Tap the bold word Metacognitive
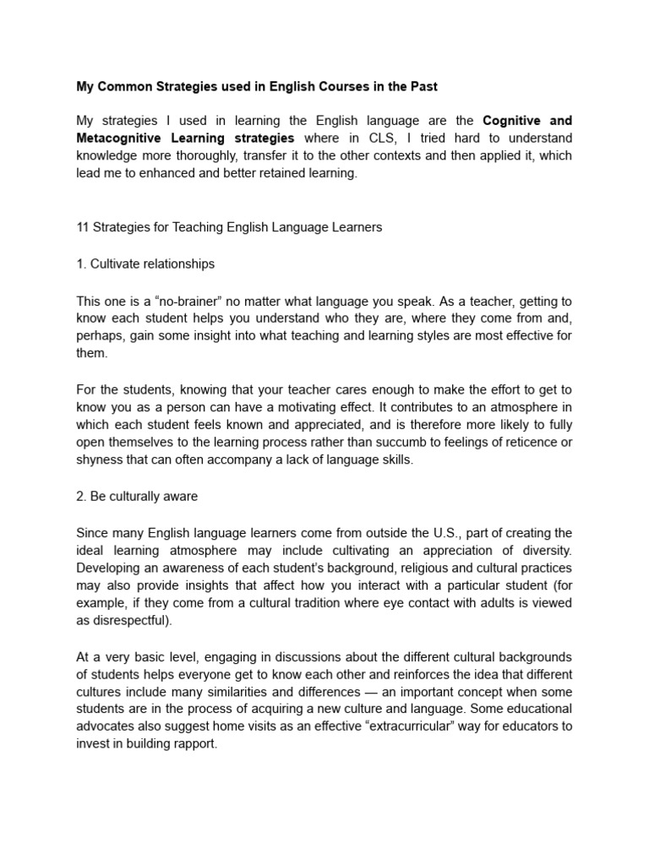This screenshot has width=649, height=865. (117, 138)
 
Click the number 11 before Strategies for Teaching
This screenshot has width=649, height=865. (82, 228)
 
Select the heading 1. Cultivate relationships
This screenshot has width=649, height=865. (145, 264)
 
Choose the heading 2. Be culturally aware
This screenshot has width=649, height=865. (136, 497)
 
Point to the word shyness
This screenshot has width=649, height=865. (99, 460)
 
